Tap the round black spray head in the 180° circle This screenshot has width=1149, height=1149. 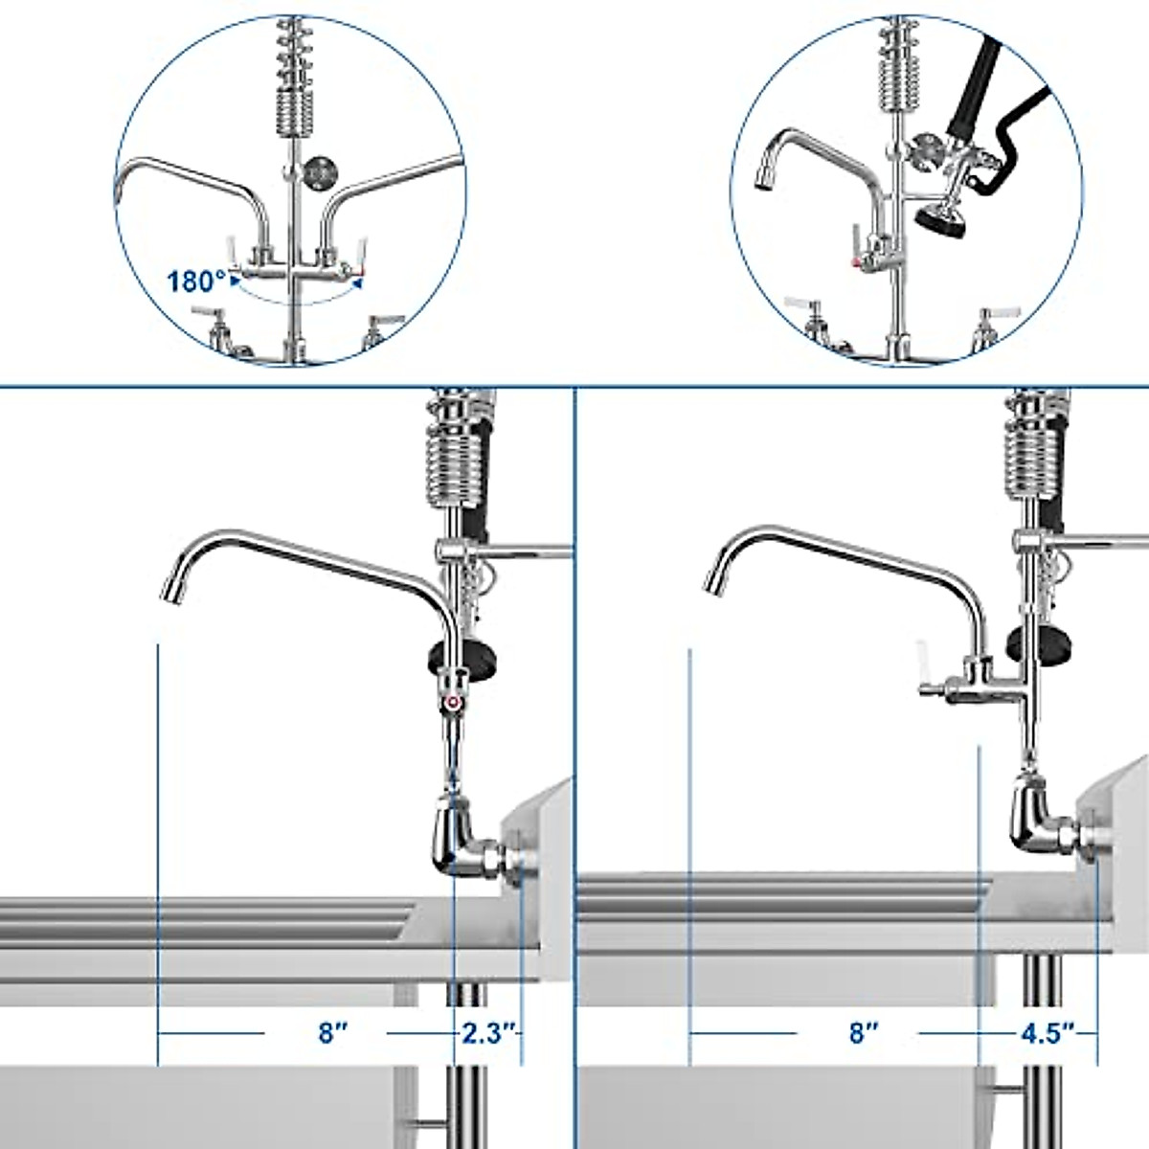[x=319, y=172]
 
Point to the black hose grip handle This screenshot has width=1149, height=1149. [x=969, y=91]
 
